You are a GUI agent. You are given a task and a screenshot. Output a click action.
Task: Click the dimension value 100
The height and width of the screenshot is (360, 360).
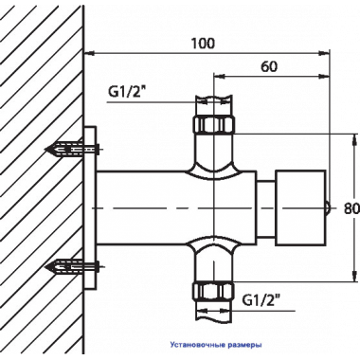[203, 44]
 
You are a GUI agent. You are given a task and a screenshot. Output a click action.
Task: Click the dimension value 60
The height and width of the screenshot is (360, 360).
[269, 66]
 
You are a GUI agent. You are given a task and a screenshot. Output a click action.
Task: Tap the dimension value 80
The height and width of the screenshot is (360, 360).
[351, 208]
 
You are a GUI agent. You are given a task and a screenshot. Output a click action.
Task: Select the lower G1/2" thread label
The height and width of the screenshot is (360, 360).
[262, 300]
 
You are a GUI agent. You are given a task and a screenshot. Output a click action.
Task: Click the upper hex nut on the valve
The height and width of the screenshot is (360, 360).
[214, 124]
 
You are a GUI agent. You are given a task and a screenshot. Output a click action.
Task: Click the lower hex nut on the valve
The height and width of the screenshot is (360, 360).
[214, 291]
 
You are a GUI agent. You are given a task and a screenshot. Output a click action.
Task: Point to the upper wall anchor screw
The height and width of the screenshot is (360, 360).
[72, 149]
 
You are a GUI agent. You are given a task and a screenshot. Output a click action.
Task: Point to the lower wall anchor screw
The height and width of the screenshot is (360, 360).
[72, 267]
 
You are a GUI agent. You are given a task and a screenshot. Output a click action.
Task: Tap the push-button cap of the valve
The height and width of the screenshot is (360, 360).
[300, 208]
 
